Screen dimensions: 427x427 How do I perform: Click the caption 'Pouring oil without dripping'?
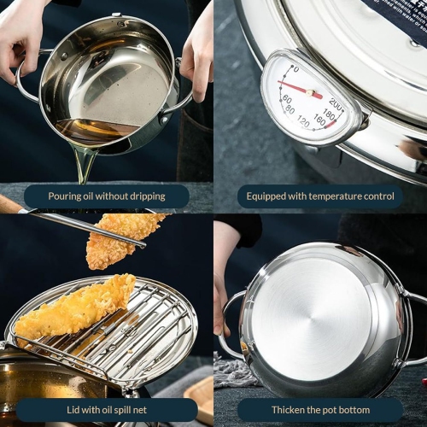[107, 196]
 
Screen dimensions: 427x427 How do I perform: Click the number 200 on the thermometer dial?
[335, 105]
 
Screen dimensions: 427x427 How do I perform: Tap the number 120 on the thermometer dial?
[302, 122]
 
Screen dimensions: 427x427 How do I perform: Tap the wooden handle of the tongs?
[10, 205]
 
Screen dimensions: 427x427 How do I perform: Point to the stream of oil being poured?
[84, 162]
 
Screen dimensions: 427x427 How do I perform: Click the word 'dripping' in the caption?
[143, 196]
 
